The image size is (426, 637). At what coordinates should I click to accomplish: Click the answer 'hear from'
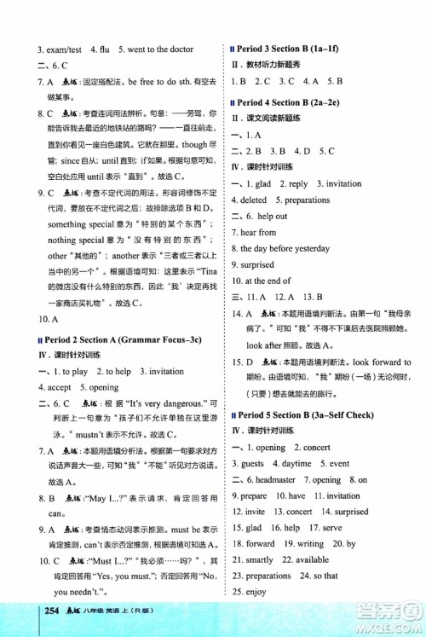(258, 232)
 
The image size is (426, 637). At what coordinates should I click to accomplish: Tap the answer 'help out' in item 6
(271, 216)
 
